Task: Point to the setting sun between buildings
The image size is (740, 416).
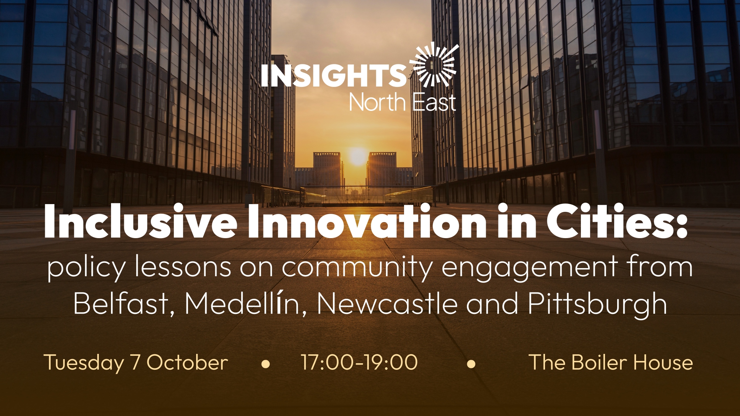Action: [x=358, y=156]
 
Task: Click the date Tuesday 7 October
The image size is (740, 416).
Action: [x=136, y=363]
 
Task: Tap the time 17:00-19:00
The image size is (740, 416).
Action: [x=359, y=362]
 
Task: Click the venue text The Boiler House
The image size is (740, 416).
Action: [x=611, y=362]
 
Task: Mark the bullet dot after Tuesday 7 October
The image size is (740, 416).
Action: [x=266, y=364]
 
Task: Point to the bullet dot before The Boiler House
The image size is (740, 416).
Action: [x=471, y=364]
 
